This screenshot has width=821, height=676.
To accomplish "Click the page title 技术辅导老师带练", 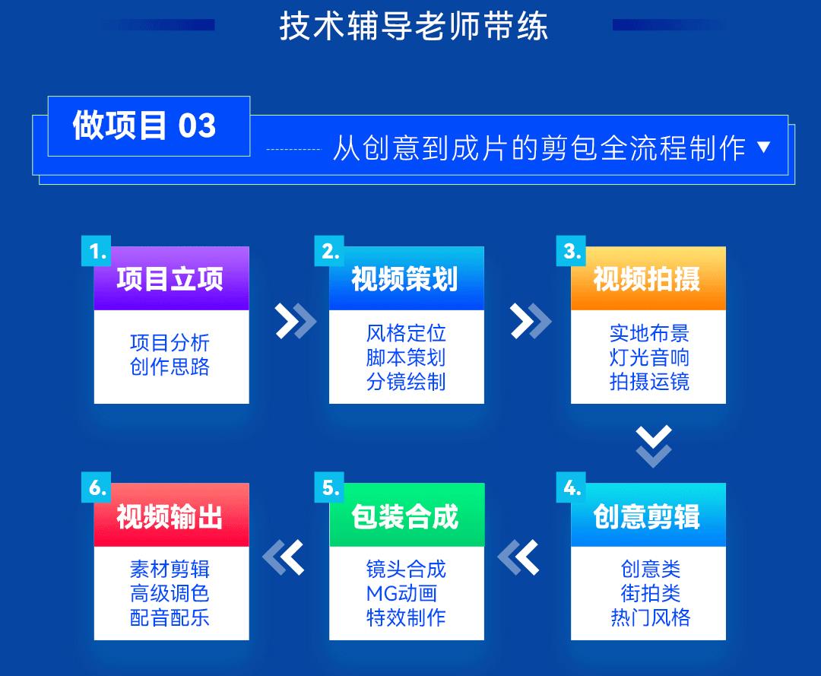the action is [x=414, y=26].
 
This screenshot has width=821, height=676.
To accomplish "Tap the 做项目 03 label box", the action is [x=149, y=126].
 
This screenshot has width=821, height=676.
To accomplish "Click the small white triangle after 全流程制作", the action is [x=764, y=148].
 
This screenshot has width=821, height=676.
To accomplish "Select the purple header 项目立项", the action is [x=171, y=278].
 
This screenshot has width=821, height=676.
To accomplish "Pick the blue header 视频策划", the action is [x=406, y=278].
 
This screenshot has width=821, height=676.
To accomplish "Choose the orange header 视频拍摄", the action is [x=648, y=278].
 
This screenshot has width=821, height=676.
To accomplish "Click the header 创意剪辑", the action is [x=648, y=516].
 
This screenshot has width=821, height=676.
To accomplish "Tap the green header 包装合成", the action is [x=406, y=516].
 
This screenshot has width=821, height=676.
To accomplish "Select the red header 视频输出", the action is [x=171, y=516].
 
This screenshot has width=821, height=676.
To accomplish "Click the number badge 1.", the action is [x=97, y=251].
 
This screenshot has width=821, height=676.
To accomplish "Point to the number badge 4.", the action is [x=571, y=487].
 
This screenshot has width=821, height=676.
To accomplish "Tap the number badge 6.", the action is [x=97, y=487].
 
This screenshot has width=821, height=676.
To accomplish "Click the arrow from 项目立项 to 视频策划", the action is [x=296, y=320].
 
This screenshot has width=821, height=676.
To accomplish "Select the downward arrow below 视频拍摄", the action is [x=654, y=446].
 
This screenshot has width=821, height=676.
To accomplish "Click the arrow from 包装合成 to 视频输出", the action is [x=283, y=557].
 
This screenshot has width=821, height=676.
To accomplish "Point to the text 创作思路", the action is [x=170, y=367].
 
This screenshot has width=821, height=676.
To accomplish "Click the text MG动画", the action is [x=401, y=593].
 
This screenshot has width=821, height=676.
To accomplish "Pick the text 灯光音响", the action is [x=649, y=357].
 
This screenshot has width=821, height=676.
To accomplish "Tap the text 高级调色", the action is [x=170, y=593].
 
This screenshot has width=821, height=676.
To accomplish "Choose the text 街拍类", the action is [x=650, y=593].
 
